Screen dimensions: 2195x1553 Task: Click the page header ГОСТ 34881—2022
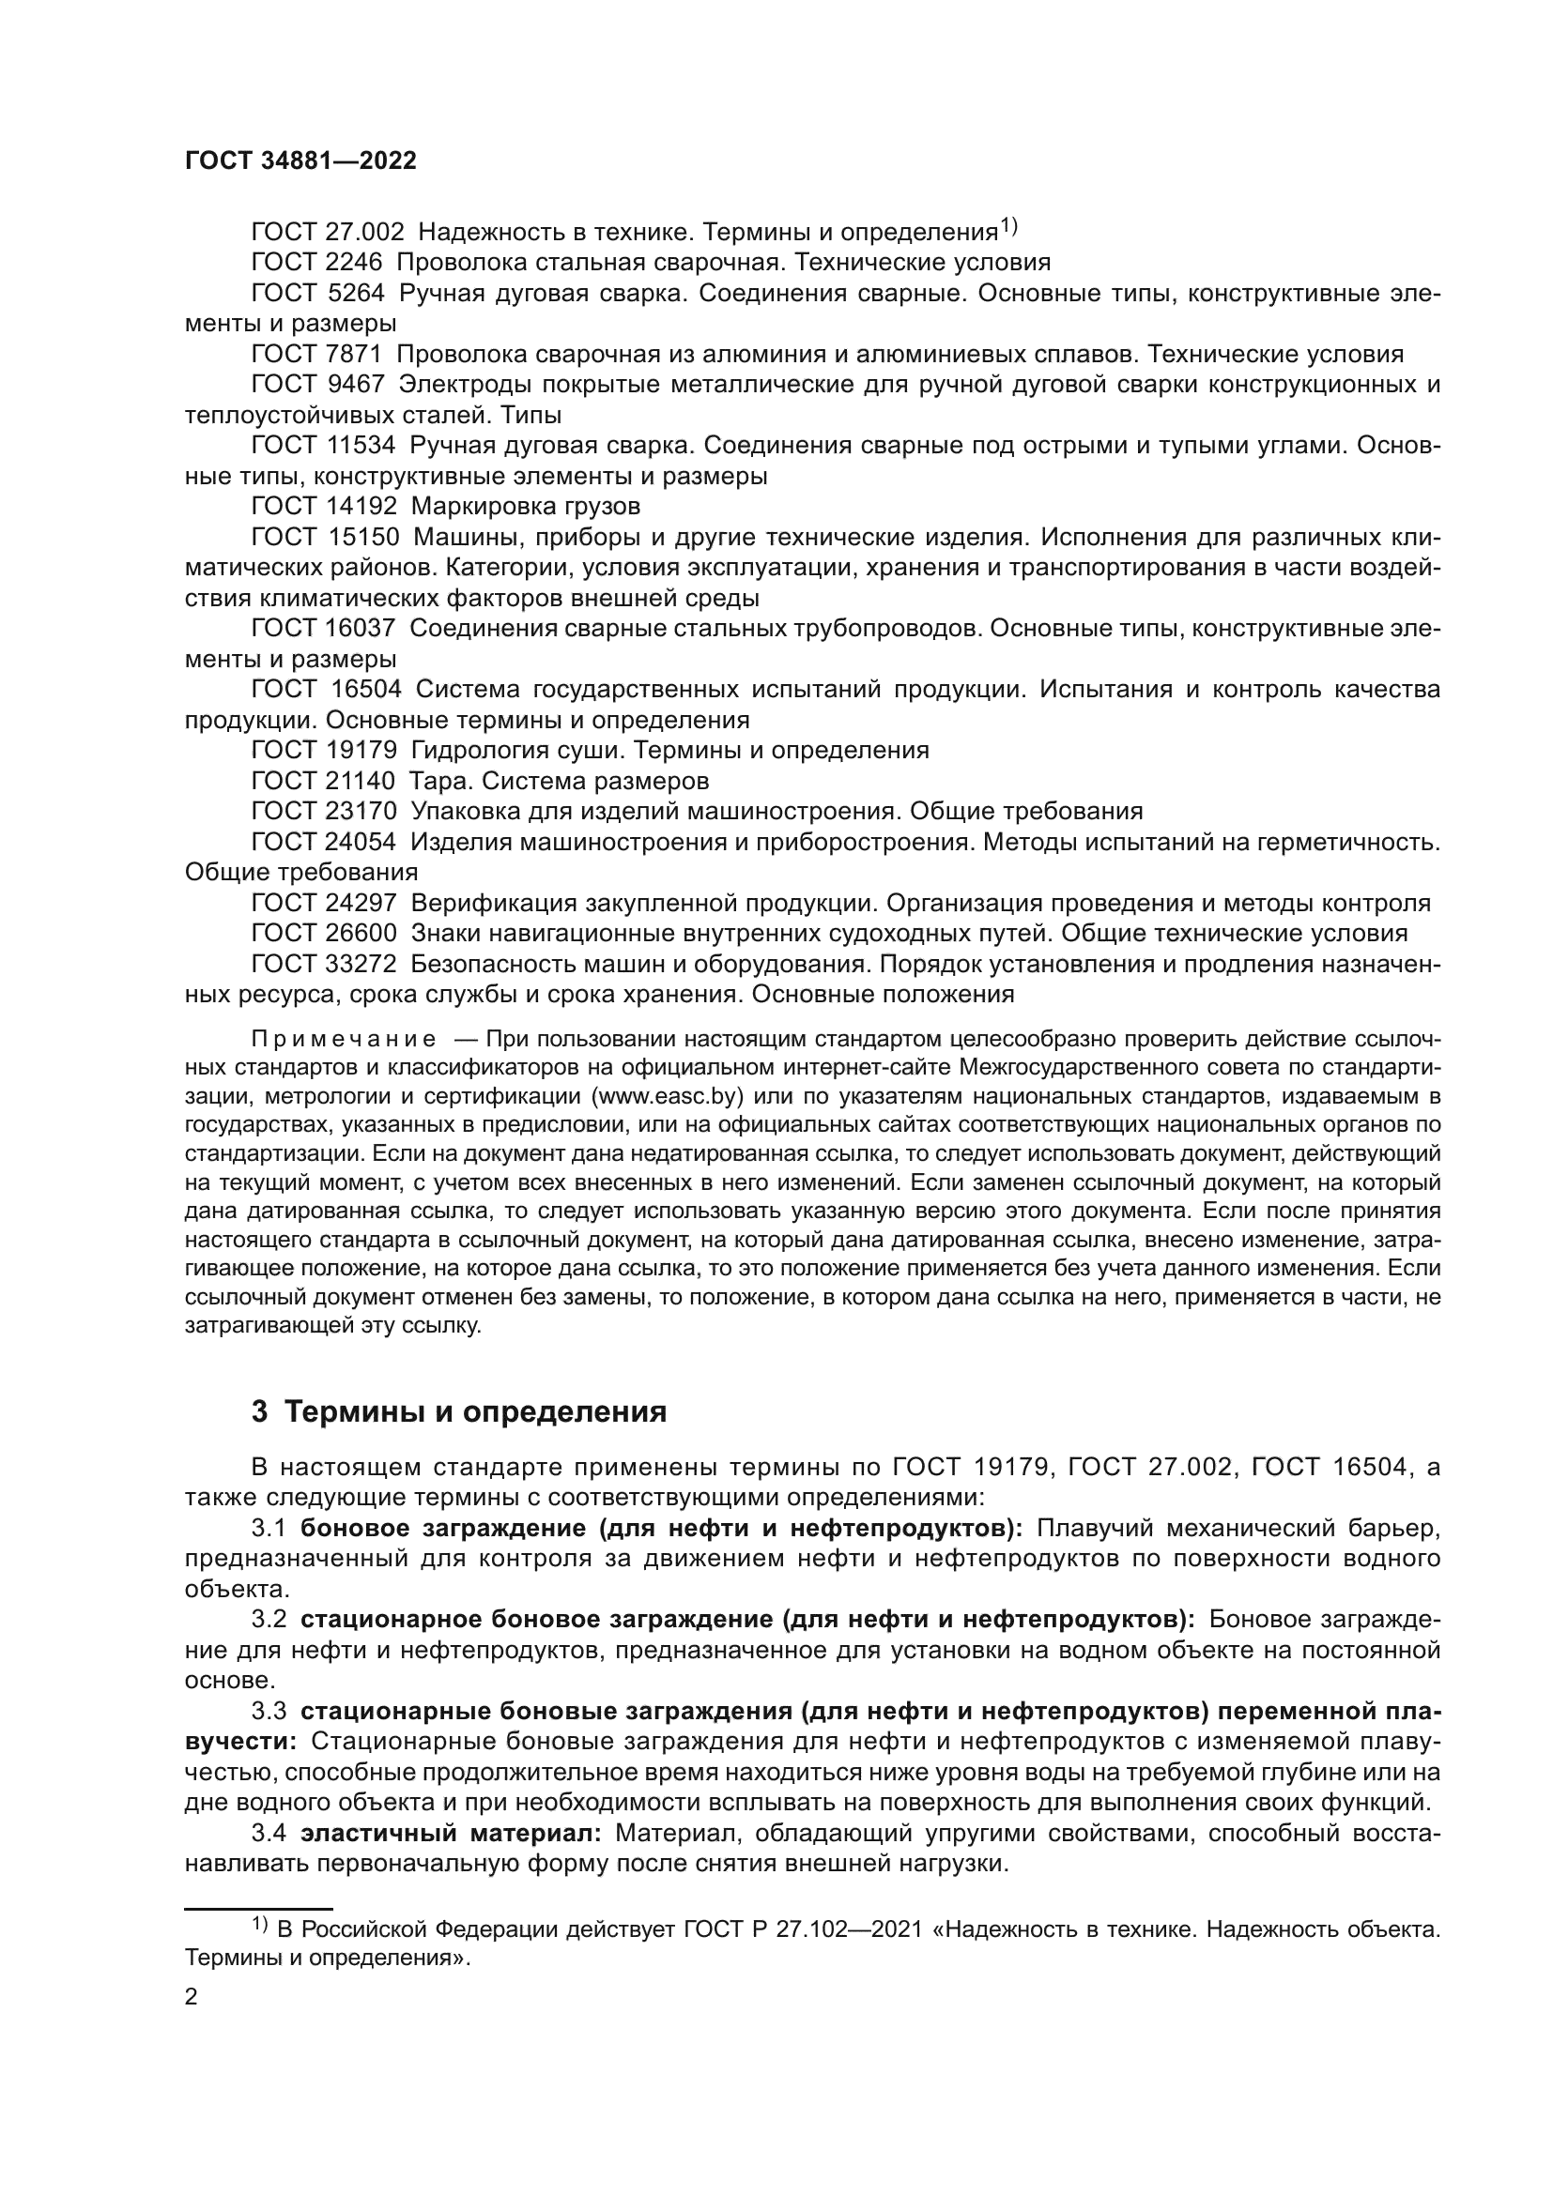tap(300, 160)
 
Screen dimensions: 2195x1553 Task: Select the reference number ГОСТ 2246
tap(316, 262)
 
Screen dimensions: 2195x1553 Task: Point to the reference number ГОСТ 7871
tap(316, 355)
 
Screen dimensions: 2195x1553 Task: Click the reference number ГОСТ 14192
tap(323, 506)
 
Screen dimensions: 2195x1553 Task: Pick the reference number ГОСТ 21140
tap(323, 781)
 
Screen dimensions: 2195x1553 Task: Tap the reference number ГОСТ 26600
tap(323, 933)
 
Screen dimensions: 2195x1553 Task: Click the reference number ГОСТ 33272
tap(323, 964)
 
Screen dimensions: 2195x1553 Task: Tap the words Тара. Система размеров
tap(560, 781)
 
